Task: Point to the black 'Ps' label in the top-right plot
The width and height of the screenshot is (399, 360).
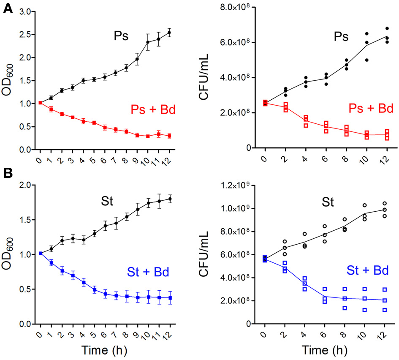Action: coord(339,37)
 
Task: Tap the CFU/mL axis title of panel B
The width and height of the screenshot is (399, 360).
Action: coord(207,256)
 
